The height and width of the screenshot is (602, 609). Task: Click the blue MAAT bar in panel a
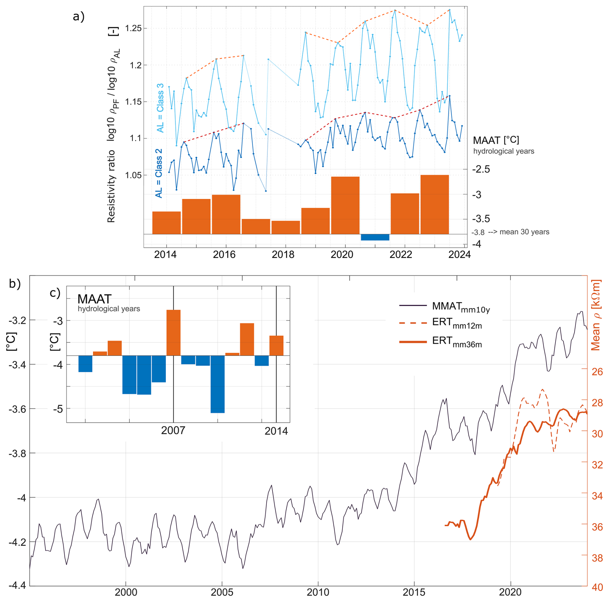coord(375,237)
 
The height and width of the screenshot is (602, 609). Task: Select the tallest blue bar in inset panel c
coord(218,384)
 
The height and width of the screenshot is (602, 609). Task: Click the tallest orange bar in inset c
coord(173,333)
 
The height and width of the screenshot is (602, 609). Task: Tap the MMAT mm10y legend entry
coord(445,307)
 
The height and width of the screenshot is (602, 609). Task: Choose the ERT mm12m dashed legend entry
coord(441,323)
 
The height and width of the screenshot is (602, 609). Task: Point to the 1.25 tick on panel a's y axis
coord(133,28)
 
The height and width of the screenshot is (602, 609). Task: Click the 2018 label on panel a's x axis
coord(283,254)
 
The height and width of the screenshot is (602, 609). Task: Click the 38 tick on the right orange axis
coord(597,558)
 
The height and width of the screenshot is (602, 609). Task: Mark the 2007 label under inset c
coord(173,430)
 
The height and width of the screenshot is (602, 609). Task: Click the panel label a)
coord(79,16)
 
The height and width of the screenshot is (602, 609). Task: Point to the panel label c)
coord(55,293)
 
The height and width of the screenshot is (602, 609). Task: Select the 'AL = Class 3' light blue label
coord(160,108)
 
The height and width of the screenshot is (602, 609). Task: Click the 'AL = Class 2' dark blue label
coord(159,173)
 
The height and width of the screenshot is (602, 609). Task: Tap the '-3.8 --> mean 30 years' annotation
coord(510,232)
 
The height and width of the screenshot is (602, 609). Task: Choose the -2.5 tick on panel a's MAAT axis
coord(481,169)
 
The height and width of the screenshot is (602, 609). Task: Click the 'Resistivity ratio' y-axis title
coord(111,186)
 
